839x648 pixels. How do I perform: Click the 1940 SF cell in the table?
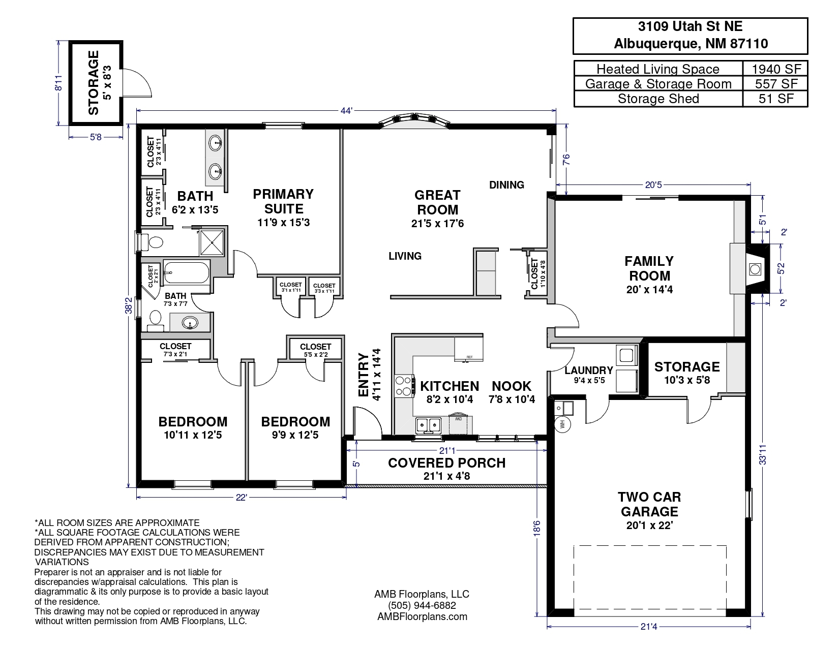[x=776, y=69]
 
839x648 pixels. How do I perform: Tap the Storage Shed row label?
[x=658, y=99]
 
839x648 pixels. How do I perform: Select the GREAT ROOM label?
[x=437, y=202]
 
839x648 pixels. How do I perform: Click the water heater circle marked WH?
[x=562, y=424]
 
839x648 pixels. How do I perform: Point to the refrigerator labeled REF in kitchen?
[x=469, y=349]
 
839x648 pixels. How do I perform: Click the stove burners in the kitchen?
[x=404, y=386]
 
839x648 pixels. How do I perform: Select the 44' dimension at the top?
[x=346, y=111]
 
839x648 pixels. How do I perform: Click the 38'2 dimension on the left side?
[x=129, y=305]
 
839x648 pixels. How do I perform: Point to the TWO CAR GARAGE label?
[x=649, y=504]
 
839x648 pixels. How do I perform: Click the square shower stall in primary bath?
[x=212, y=242]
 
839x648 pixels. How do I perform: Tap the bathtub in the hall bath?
[x=187, y=272]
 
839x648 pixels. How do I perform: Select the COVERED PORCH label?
[x=447, y=462]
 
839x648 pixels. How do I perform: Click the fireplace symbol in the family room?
[x=755, y=269]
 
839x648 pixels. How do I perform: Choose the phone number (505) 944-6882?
[x=422, y=605]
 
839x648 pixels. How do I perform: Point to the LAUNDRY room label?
[x=589, y=371]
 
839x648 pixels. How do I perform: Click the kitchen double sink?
[x=429, y=425]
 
